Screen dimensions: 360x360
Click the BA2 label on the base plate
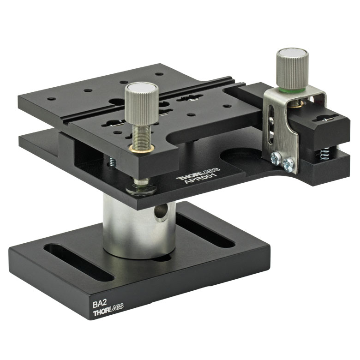tap(99, 305)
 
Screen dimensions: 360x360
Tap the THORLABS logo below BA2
tap(108, 312)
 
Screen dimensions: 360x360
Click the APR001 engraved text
tap(201, 178)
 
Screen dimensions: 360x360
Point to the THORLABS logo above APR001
tap(198, 174)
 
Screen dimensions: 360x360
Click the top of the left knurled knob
tap(142, 87)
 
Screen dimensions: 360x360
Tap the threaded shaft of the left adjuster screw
tap(141, 135)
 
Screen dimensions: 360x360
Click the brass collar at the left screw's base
tap(141, 149)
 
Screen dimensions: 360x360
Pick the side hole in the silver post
tap(161, 212)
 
